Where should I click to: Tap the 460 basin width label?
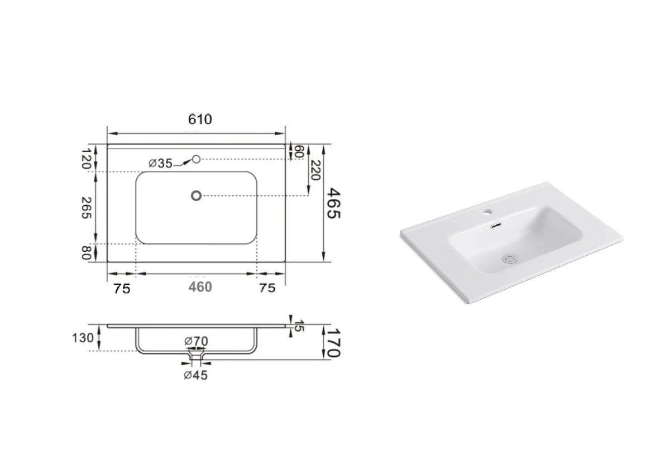tap(200, 287)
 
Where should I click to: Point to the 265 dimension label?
tap(87, 208)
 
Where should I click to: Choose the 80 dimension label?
tap(87, 253)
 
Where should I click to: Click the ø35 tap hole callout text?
tap(160, 163)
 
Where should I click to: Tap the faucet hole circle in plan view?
tap(196, 160)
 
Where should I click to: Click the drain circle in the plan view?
tap(196, 195)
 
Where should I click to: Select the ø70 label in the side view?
tap(195, 340)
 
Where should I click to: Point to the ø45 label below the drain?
tap(195, 375)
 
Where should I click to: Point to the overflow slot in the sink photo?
tap(495, 226)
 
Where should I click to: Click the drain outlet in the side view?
tap(196, 354)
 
